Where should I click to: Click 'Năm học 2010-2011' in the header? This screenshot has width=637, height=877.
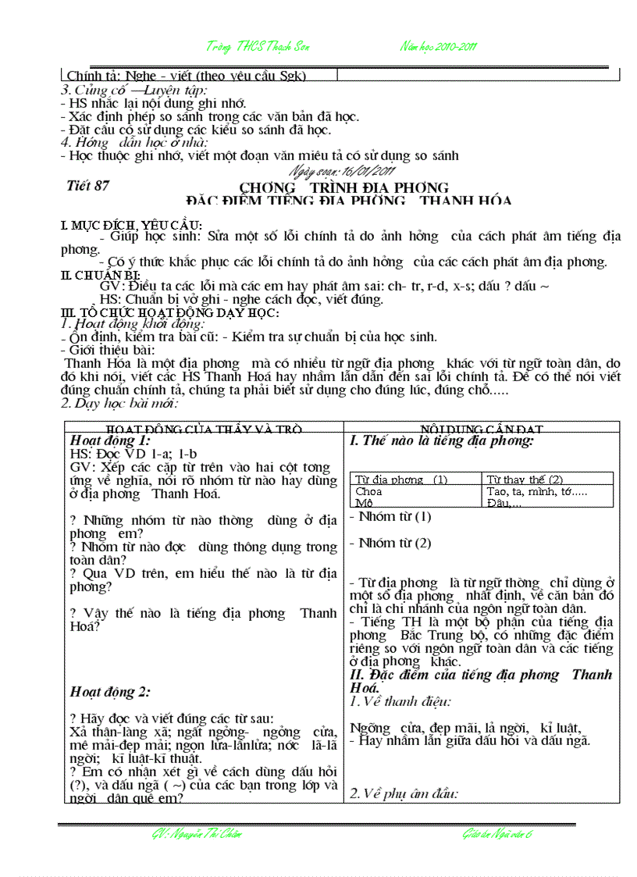(439, 46)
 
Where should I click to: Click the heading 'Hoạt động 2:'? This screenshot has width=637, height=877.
(109, 691)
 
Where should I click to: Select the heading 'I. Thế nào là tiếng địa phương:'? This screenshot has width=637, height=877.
(442, 440)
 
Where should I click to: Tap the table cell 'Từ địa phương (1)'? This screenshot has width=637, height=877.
(401, 479)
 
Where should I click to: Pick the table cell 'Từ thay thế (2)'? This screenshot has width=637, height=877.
(524, 479)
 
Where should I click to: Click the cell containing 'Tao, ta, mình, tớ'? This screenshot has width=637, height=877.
(536, 492)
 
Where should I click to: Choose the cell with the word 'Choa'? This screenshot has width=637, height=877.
(368, 492)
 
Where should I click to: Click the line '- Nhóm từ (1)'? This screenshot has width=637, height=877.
(390, 516)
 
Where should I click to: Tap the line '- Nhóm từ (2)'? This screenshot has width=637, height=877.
(390, 543)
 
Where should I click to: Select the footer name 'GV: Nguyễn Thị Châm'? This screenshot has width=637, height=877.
(197, 835)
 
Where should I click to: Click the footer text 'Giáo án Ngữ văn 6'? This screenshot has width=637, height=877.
(496, 835)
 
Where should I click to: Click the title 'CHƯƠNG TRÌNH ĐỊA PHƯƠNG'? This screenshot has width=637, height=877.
(343, 187)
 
